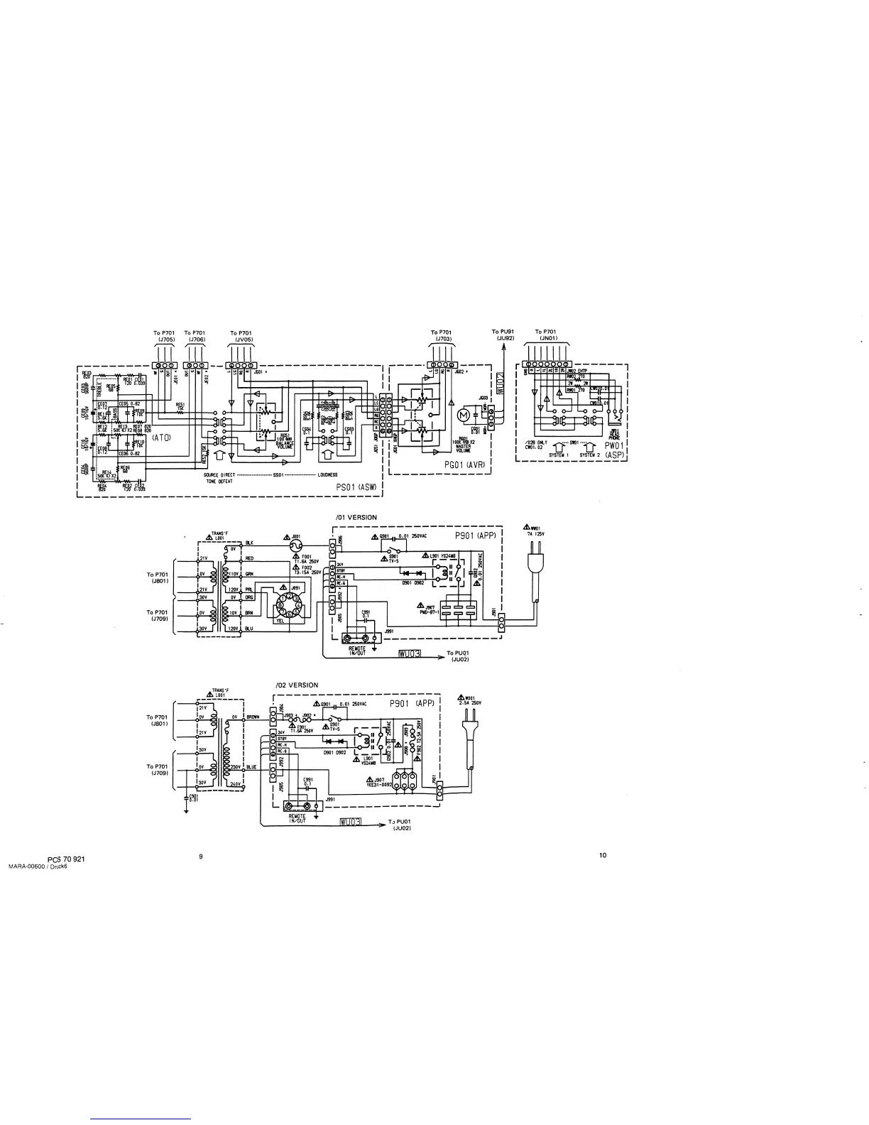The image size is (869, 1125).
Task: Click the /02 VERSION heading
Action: [x=296, y=685]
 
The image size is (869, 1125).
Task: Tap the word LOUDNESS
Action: [x=327, y=474]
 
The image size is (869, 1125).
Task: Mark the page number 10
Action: [x=603, y=855]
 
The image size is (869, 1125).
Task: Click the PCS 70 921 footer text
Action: [x=67, y=859]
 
